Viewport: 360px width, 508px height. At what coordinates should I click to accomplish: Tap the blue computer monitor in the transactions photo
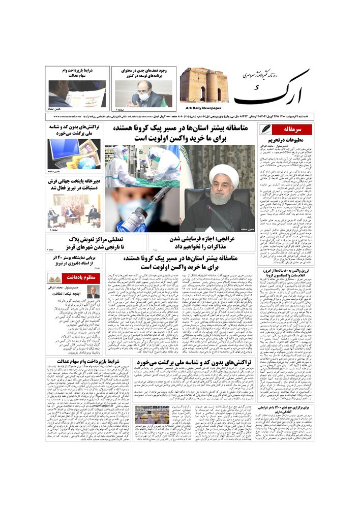pos(63,152)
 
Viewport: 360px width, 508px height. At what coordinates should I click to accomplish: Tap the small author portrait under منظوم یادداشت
pos(93,292)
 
